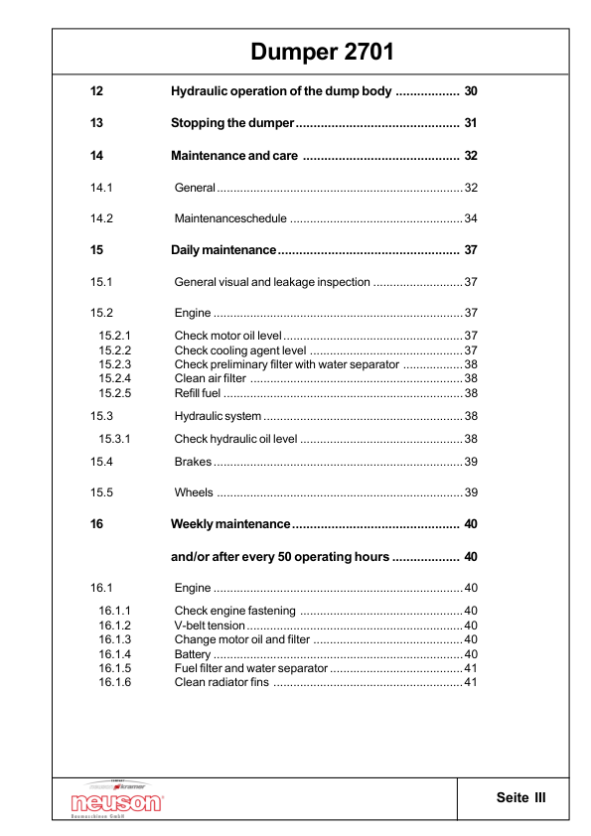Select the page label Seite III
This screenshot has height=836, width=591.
coord(521,797)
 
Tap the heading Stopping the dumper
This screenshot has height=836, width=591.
coord(232,124)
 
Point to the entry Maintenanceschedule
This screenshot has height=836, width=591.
coord(230,218)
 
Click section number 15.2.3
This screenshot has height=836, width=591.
coord(115,364)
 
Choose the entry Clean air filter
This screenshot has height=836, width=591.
coord(211,378)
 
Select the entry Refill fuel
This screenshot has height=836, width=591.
coord(198,393)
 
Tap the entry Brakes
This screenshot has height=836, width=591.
coord(193,462)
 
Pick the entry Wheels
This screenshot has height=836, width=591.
coord(194,493)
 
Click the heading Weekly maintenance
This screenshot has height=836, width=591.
coord(230,524)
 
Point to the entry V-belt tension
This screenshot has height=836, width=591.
coord(210,626)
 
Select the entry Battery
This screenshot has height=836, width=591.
coord(193,654)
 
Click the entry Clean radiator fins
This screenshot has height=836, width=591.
coord(222,682)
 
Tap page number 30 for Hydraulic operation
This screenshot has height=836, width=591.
coord(471,92)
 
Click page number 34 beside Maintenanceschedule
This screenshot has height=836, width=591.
coord(471,218)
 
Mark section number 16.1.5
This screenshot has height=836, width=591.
coord(115,668)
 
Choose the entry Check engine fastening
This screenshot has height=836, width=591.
coord(234,611)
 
